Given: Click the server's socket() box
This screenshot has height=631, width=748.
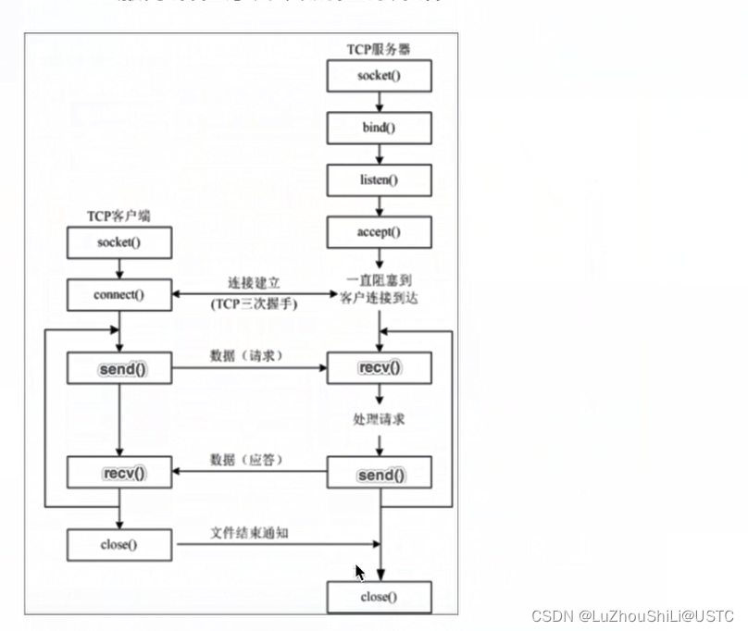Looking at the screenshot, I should pyautogui.click(x=379, y=76).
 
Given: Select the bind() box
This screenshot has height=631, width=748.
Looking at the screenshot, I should pyautogui.click(x=379, y=128).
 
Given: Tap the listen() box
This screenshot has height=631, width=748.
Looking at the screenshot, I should pyautogui.click(x=379, y=179).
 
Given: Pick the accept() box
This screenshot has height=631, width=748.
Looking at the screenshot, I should pyautogui.click(x=379, y=232).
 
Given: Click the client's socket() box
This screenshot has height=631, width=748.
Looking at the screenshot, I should pyautogui.click(x=118, y=243).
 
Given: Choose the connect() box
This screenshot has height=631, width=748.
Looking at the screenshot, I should pyautogui.click(x=118, y=295).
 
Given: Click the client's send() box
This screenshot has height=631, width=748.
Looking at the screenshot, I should pyautogui.click(x=118, y=369).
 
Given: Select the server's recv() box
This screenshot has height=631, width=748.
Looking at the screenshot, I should pyautogui.click(x=379, y=369).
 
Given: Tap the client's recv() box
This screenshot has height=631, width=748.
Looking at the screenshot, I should pyautogui.click(x=118, y=474).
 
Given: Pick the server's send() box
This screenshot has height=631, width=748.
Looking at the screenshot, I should pyautogui.click(x=379, y=475).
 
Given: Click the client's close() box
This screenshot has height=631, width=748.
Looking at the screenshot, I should pyautogui.click(x=118, y=545).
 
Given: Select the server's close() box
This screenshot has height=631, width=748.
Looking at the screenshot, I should pyautogui.click(x=379, y=597).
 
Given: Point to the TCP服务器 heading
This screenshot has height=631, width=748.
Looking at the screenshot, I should pyautogui.click(x=379, y=49).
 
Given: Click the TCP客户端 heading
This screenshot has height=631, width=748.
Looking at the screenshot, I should pyautogui.click(x=118, y=217).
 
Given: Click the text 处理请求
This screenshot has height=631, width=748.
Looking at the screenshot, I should pyautogui.click(x=379, y=420).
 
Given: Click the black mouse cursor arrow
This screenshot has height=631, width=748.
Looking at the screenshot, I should pyautogui.click(x=360, y=573).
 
